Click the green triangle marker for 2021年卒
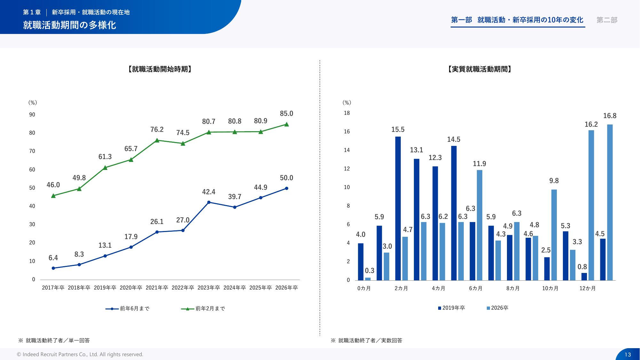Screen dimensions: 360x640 pos(157,140)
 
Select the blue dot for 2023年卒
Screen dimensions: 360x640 pos(209,202)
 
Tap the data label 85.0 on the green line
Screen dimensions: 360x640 pos(286,114)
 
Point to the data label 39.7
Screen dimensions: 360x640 pos(234,196)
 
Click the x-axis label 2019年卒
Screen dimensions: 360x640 pos(105,288)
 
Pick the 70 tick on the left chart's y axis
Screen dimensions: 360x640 pos(32,151)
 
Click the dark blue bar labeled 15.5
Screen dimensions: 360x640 pos(398,208)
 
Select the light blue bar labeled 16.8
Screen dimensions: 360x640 pos(610,202)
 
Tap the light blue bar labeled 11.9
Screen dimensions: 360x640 pos(479,225)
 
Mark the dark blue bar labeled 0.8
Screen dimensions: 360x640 pos(584,276)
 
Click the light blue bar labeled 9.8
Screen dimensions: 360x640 pos(554,235)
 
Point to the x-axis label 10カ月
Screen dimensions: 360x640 pos(550,288)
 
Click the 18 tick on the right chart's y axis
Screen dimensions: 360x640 pos(347,113)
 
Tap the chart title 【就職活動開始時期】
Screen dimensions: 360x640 pos(160,69)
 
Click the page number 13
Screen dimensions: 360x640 pos(628,355)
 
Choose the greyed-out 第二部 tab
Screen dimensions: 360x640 pos(607,20)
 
